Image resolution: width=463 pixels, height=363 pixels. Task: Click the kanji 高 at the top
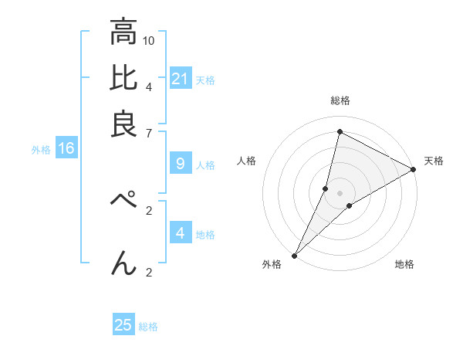[x=123, y=33]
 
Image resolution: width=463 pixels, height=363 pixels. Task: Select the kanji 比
[x=123, y=78]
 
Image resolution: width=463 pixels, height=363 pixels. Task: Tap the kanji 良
[x=123, y=124]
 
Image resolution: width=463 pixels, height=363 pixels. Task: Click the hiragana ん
[x=123, y=264]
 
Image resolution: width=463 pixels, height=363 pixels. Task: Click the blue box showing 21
[x=181, y=79]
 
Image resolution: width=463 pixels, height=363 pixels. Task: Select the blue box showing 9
[x=181, y=164]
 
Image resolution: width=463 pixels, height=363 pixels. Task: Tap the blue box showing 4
[x=181, y=233]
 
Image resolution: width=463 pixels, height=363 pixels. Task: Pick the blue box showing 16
[x=66, y=149]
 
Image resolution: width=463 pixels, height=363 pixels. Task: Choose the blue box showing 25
[x=123, y=325]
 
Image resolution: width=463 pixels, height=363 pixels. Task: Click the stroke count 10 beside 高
[x=150, y=40]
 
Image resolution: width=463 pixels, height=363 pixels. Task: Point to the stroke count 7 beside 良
[x=150, y=134]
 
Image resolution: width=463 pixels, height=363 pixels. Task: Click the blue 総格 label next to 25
[x=149, y=327]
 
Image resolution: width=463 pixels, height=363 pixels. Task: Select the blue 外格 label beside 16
[x=41, y=150]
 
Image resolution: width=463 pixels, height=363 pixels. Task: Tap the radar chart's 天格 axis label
[x=434, y=161]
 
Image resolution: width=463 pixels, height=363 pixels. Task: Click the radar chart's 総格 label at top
[x=340, y=100]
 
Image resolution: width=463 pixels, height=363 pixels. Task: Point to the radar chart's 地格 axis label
[x=404, y=265]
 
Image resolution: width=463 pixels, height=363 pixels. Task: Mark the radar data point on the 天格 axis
[x=413, y=170]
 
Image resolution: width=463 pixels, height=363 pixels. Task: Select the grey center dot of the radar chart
[x=340, y=193]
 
